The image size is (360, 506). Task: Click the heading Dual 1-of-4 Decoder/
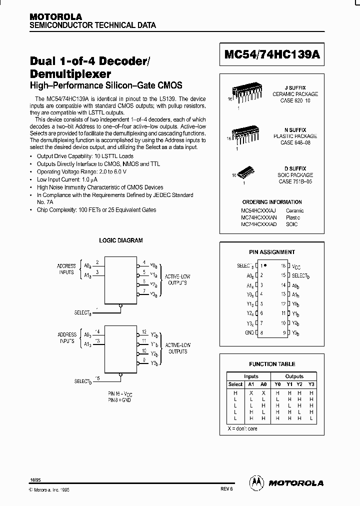coord(89,61)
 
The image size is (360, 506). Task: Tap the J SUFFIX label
coord(295,87)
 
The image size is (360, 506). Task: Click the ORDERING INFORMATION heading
coord(271,202)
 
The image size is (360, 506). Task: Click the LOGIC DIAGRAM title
coord(120,240)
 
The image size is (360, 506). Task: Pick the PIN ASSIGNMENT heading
coord(272,252)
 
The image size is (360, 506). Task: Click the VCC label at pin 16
coord(296,266)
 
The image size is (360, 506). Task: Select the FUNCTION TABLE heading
coord(272,364)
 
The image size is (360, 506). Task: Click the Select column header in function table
coord(235,384)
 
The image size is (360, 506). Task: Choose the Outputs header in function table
coord(294,376)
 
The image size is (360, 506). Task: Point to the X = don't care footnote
coord(242,429)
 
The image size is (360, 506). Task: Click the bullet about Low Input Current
coord(66,179)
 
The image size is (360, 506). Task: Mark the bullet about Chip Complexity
coord(96,210)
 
